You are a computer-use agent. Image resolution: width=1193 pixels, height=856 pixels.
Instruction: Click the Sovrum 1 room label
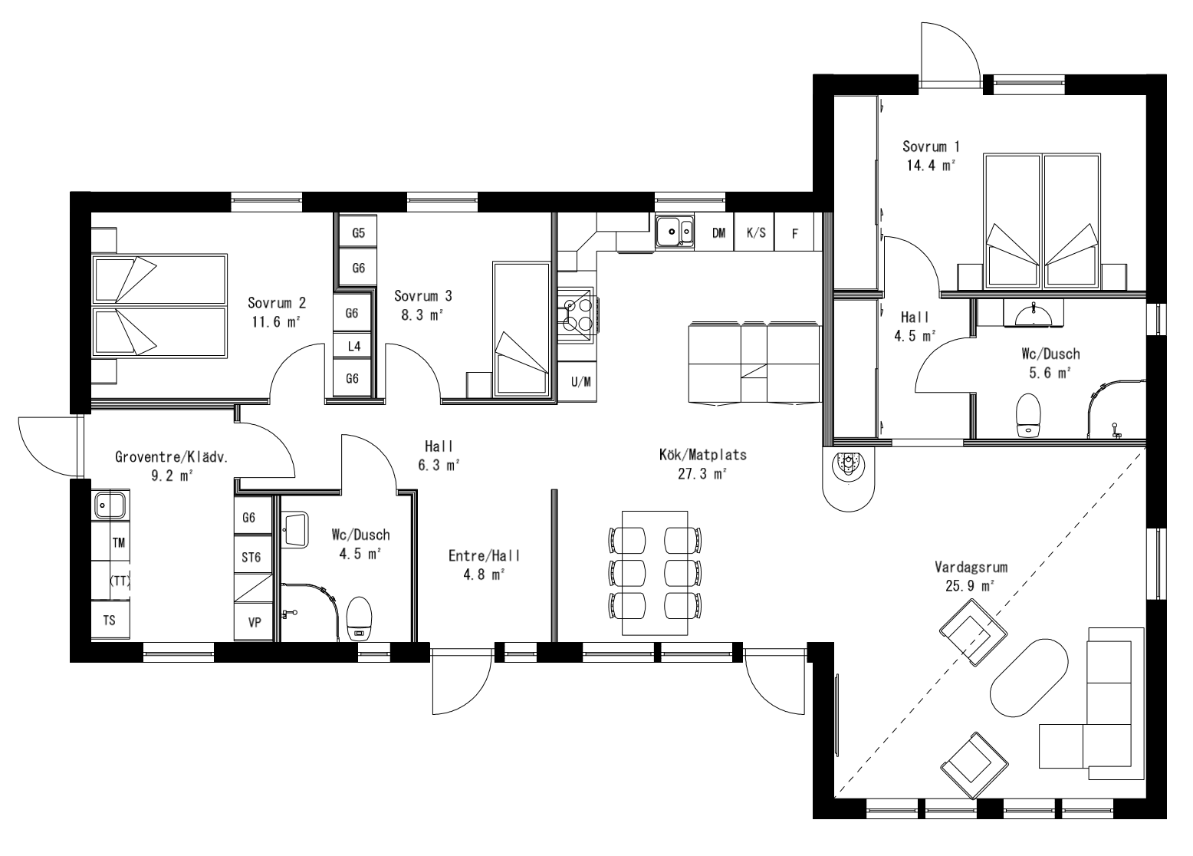(931, 147)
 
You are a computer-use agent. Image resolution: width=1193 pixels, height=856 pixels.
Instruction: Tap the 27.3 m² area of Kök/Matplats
(703, 474)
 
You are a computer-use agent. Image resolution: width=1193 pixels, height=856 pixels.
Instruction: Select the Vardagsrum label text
(971, 568)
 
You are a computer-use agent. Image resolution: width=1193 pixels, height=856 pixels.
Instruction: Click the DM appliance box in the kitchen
(718, 233)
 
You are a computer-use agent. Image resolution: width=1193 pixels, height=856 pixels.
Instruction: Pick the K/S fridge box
(756, 233)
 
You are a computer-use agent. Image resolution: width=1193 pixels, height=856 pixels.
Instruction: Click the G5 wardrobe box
(358, 232)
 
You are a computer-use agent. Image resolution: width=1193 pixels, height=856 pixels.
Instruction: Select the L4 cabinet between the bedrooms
(353, 346)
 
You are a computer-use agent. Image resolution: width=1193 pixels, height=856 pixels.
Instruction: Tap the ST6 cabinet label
(251, 558)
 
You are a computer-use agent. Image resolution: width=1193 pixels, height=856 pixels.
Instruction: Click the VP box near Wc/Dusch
(255, 623)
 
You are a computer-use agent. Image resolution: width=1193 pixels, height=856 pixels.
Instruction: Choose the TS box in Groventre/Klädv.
(110, 621)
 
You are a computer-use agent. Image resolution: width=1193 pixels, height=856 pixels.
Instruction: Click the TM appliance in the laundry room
(118, 543)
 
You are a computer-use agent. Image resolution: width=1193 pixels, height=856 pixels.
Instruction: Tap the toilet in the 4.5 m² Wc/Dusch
(359, 617)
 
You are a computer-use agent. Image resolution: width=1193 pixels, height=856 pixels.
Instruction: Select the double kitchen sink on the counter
(675, 230)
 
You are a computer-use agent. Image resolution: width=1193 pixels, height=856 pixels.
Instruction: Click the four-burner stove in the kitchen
(577, 315)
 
